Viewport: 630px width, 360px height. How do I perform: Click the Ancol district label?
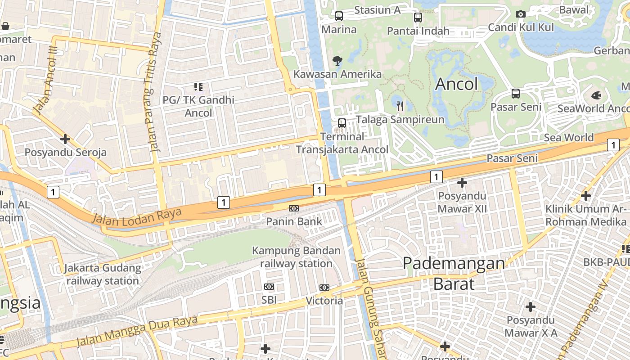click(456, 84)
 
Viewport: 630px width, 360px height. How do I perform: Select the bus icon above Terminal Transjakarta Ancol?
click(342, 123)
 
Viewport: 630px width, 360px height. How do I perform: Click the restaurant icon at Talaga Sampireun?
click(400, 106)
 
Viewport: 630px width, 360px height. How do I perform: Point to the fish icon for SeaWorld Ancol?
click(596, 95)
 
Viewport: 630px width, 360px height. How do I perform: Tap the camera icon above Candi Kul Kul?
click(521, 14)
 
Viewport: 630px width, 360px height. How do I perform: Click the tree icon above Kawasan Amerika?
click(337, 60)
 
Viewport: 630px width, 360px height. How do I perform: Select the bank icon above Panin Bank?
click(294, 208)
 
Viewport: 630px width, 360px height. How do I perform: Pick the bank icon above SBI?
click(269, 287)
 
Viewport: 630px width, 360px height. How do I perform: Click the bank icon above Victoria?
click(324, 287)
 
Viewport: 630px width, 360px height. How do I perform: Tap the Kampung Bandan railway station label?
click(296, 257)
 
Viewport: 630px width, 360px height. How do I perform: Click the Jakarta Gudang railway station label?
click(103, 274)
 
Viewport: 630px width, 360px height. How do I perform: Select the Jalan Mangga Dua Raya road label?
click(137, 331)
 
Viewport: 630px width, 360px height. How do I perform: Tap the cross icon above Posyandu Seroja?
click(65, 139)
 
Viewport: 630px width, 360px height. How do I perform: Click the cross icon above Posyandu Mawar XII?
click(462, 183)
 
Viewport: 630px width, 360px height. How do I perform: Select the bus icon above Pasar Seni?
click(516, 94)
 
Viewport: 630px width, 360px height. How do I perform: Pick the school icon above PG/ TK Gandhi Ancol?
click(198, 86)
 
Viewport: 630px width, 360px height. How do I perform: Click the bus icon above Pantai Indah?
click(418, 18)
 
